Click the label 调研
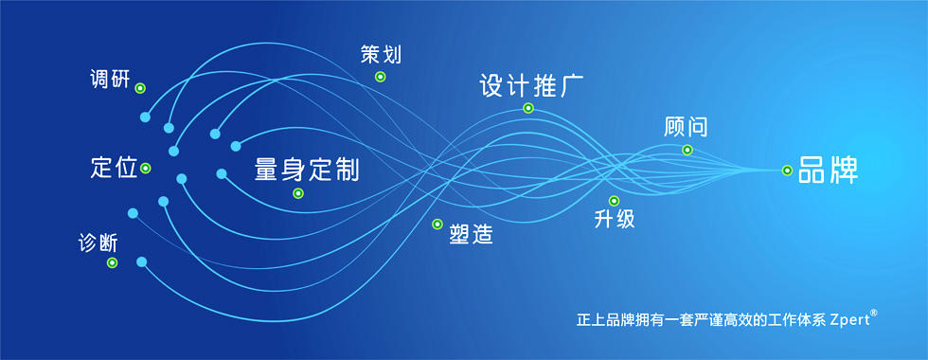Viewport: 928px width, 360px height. [x=110, y=79]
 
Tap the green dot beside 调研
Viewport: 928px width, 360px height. [x=140, y=88]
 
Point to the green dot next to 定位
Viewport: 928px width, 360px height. [x=146, y=169]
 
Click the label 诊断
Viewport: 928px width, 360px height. [x=98, y=243]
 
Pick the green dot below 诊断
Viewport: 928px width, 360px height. [x=112, y=262]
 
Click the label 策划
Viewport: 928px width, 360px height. [x=381, y=54]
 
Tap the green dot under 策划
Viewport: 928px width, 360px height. [x=380, y=77]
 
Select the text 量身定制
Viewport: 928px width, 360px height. [x=307, y=169]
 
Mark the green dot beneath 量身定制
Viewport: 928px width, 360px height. [x=298, y=193]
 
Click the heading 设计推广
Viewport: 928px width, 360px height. [x=531, y=85]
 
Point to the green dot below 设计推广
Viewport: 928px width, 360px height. [x=528, y=108]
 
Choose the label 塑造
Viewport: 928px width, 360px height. [x=471, y=235]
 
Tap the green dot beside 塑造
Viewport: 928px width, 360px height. [x=437, y=224]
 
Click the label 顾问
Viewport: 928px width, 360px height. [x=686, y=126]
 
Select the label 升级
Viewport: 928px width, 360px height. [x=615, y=219]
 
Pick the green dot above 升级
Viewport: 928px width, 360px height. [x=614, y=201]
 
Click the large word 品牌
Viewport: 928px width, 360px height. [x=828, y=170]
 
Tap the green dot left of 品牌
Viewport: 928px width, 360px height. [x=787, y=171]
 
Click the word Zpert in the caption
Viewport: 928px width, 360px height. [x=849, y=320]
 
